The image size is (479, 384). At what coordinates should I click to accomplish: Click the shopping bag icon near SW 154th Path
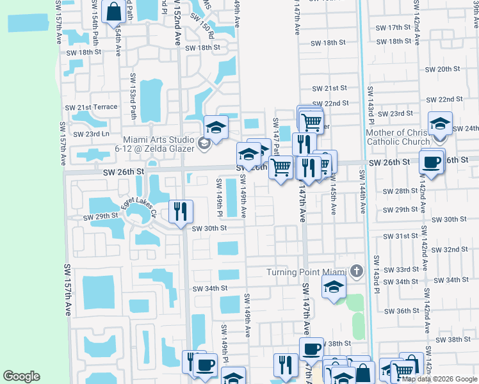pyautogui.click(x=113, y=12)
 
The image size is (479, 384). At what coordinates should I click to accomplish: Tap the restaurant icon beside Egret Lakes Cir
pyautogui.click(x=181, y=211)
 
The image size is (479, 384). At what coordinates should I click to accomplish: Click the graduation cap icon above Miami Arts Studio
pyautogui.click(x=216, y=127)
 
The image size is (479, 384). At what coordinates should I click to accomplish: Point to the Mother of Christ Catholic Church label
pyautogui.click(x=398, y=137)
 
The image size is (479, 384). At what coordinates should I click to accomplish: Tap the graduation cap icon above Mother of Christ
pyautogui.click(x=440, y=124)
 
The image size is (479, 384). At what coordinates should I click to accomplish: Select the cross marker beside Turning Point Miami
pyautogui.click(x=357, y=271)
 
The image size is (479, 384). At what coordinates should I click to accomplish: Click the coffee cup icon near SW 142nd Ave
pyautogui.click(x=432, y=162)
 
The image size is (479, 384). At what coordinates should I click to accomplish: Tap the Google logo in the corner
pyautogui.click(x=21, y=376)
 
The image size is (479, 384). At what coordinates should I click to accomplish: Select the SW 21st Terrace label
pyautogui.click(x=91, y=107)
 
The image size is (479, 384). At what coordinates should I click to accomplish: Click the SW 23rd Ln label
pyautogui.click(x=91, y=134)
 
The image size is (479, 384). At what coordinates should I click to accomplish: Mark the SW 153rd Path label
pyautogui.click(x=133, y=104)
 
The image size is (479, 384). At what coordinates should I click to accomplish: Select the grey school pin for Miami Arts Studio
pyautogui.click(x=203, y=142)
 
